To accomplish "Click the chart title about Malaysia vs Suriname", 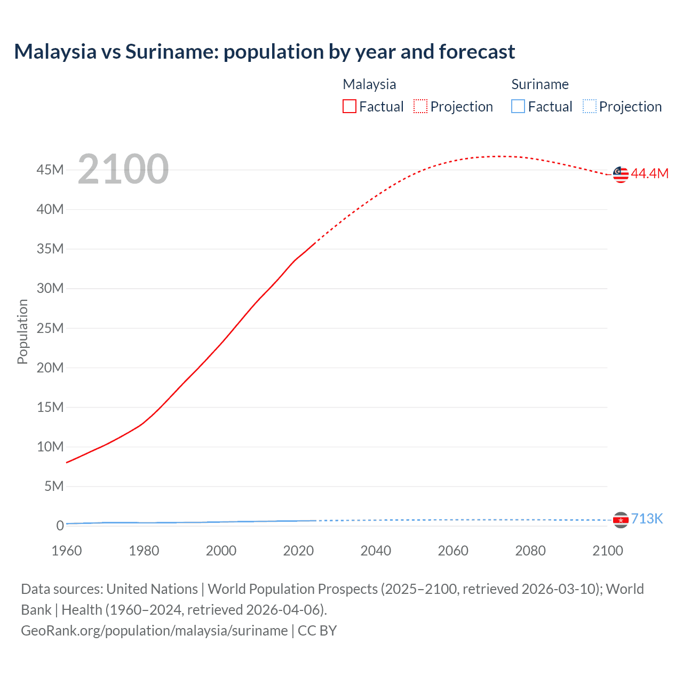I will (x=265, y=52).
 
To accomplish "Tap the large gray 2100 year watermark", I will (x=123, y=169).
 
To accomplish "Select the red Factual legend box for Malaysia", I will (x=350, y=107).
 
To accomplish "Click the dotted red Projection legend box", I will (x=420, y=107).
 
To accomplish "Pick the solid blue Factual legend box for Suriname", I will (x=518, y=107).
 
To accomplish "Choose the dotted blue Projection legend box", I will (x=590, y=107).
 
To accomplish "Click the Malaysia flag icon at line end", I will (x=621, y=174).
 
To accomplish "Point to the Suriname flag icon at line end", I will (x=621, y=520).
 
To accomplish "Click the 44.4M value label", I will (x=649, y=173).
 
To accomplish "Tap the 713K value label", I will (x=647, y=519).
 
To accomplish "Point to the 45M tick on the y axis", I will (x=50, y=170).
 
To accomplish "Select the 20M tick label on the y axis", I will (x=50, y=368).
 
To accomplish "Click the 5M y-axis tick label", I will (x=54, y=486).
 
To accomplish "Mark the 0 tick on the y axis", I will (x=60, y=526).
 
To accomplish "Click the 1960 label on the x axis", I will (x=67, y=551).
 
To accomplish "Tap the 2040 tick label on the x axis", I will (x=376, y=551).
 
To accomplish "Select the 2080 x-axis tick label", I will (x=530, y=551).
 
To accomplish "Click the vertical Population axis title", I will (x=22, y=331).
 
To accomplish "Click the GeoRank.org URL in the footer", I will (x=154, y=631).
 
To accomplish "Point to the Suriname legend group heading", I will (x=540, y=84).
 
